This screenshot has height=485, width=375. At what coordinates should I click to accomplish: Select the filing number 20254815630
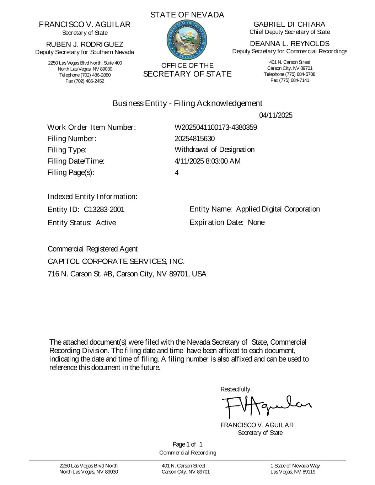point(194,139)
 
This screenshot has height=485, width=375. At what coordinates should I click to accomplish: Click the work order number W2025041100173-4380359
point(215,127)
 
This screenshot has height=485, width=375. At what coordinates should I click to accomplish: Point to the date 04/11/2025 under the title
point(275,115)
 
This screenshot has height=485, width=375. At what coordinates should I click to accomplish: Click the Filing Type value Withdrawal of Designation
point(214,150)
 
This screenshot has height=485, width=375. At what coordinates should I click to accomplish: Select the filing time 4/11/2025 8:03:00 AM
point(207,161)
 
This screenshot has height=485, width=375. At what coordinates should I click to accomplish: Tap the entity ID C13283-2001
point(104,210)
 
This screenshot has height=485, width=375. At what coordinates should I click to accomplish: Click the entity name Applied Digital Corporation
point(278,209)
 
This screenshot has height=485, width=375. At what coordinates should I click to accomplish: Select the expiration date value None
point(256,222)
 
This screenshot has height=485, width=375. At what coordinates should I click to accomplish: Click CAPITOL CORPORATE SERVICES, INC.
point(116,262)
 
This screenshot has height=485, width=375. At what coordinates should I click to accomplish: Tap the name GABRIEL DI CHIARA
point(289,24)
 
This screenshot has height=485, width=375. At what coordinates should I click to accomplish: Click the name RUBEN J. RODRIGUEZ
point(85,44)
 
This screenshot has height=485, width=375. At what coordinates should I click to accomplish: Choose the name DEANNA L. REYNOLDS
point(290,44)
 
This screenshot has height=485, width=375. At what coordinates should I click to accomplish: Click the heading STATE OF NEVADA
point(187,15)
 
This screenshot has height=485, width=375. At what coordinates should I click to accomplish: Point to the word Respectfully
point(236,389)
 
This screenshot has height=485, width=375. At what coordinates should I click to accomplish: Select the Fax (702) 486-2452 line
point(85,81)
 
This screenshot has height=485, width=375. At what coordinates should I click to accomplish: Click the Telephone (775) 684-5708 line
point(289,74)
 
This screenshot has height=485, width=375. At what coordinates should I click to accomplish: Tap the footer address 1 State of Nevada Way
point(295,465)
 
